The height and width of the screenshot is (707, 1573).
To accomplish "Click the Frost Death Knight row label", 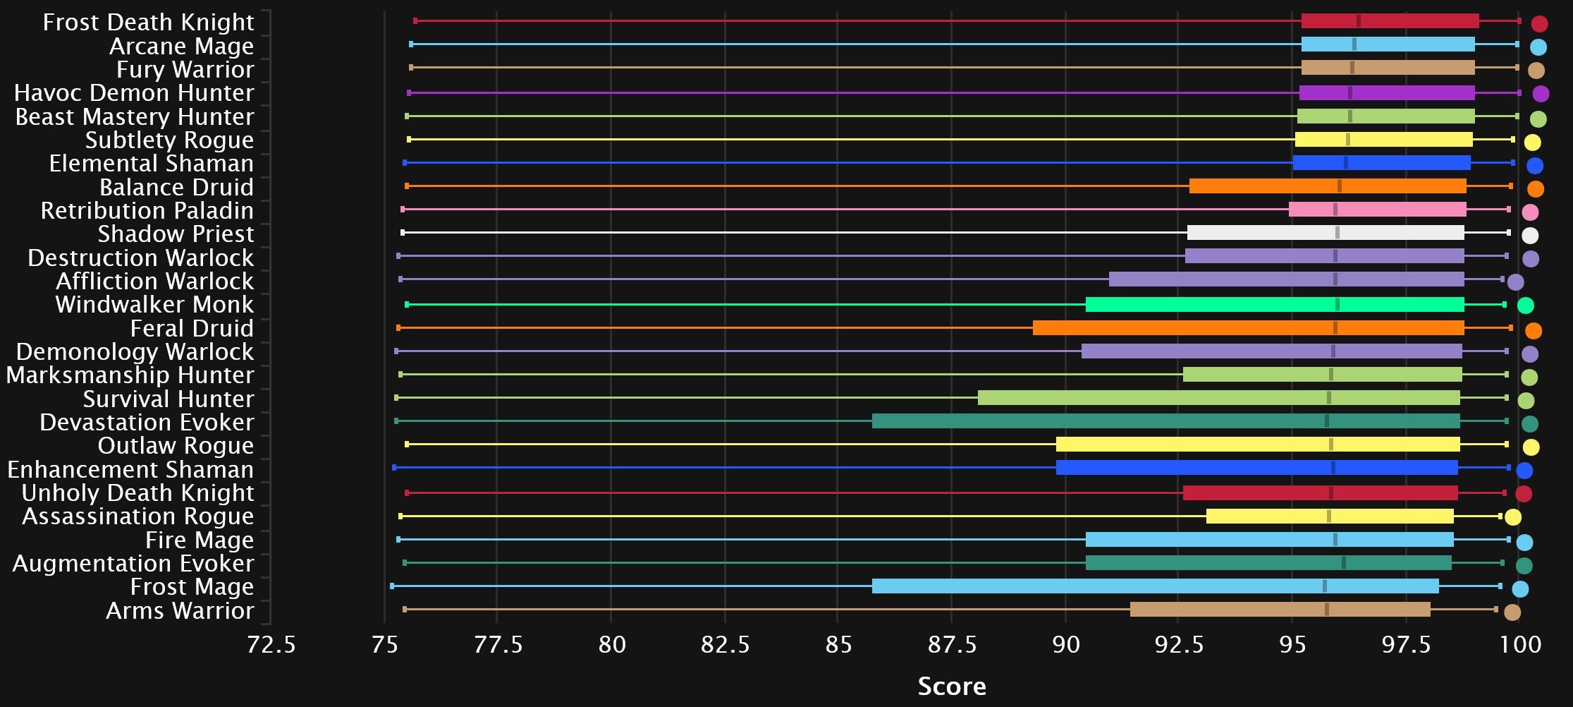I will click(148, 23).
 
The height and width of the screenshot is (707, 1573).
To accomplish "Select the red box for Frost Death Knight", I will click(1390, 21).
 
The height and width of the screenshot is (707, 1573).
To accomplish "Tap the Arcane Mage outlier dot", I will click(1538, 47).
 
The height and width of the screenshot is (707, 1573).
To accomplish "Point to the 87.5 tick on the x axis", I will click(951, 645).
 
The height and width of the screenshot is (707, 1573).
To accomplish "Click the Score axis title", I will click(951, 686).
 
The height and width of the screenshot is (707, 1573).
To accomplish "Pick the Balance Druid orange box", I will click(1328, 186).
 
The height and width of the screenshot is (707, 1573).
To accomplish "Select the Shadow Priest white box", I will click(1326, 233).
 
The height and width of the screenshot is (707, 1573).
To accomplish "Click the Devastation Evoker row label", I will click(147, 423).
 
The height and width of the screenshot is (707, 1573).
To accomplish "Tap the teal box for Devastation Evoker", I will click(1165, 421).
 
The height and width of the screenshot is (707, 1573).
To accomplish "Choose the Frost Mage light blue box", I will click(1155, 586).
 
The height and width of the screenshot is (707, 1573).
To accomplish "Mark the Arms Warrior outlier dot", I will click(1512, 612).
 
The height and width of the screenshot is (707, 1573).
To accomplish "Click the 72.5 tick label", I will click(271, 645).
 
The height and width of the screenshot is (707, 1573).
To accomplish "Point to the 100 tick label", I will click(1520, 645).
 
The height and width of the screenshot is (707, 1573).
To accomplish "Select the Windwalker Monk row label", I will click(154, 305).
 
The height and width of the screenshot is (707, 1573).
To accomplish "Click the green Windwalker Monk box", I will click(1275, 305).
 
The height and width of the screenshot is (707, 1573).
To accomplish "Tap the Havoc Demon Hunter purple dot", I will click(1541, 93).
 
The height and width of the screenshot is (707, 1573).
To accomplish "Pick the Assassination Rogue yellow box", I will click(1330, 516).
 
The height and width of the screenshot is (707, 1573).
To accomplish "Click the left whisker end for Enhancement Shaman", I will click(394, 468).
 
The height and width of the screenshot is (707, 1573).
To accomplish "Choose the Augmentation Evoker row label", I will click(133, 564).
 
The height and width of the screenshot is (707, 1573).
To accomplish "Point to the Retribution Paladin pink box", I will click(1377, 210).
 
